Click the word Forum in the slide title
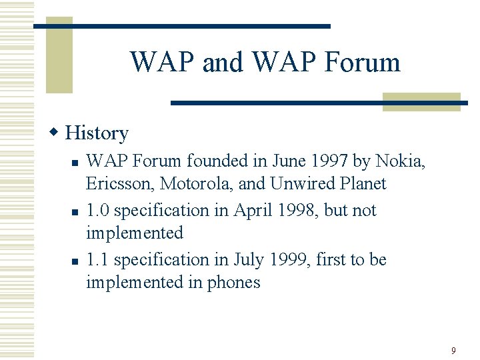pyautogui.click(x=362, y=62)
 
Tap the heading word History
pyautogui.click(x=97, y=133)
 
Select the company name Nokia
pyautogui.click(x=400, y=161)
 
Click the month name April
pyautogui.click(x=251, y=210)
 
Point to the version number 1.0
pyautogui.click(x=98, y=210)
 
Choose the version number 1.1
pyautogui.click(x=98, y=259)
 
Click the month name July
pyautogui.click(x=249, y=259)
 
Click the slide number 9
pyautogui.click(x=453, y=351)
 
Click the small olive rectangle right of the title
pyautogui.click(x=421, y=101)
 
